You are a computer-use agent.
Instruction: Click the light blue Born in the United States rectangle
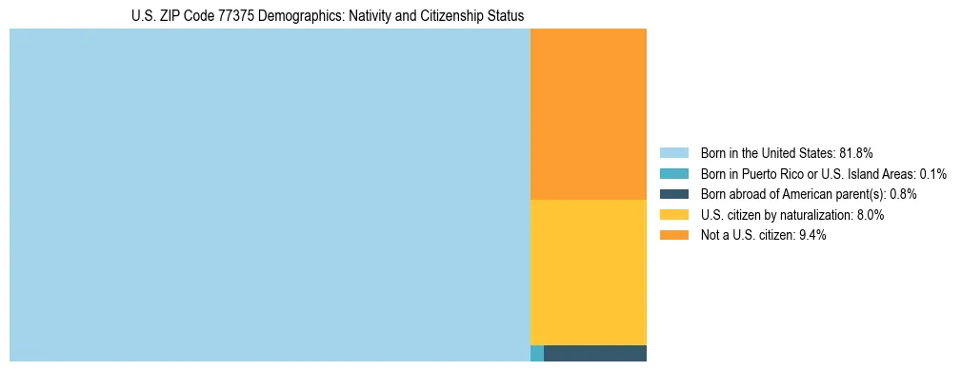(x=270, y=195)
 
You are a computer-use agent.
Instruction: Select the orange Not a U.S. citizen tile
(x=588, y=114)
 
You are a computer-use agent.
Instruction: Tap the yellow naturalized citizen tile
(x=588, y=272)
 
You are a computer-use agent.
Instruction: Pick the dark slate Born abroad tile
(x=594, y=353)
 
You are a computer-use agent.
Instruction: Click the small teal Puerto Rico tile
(x=536, y=353)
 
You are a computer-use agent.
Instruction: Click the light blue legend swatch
(x=673, y=153)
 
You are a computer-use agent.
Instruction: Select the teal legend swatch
(x=673, y=174)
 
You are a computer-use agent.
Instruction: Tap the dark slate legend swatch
(x=673, y=194)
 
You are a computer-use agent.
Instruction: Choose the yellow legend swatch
(x=673, y=215)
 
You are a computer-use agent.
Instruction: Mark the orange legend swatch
(x=673, y=236)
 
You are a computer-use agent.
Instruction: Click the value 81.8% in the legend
(x=856, y=153)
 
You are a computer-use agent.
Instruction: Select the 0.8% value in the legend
(x=903, y=194)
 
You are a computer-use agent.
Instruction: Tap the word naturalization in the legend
(x=816, y=215)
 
